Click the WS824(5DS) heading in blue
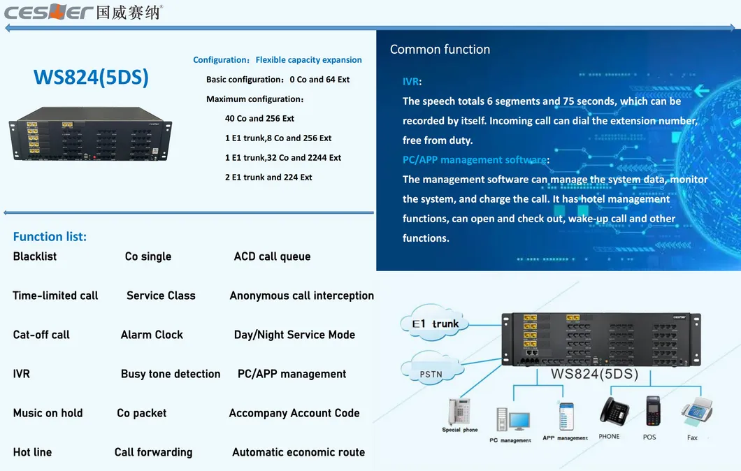pos(91,77)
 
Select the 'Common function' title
pos(440,50)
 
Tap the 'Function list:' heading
pos(50,237)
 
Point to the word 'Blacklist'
pos(35,256)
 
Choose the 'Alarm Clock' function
pos(152,335)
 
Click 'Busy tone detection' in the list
pos(171,374)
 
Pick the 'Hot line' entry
pos(32,452)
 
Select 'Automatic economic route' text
pos(298,452)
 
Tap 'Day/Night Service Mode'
pos(294,335)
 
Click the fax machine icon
pos(696,413)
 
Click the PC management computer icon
pos(513,420)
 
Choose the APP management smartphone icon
pos(566,416)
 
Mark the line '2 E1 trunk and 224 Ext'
pos(268,177)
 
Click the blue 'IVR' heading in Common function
pos(411,82)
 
